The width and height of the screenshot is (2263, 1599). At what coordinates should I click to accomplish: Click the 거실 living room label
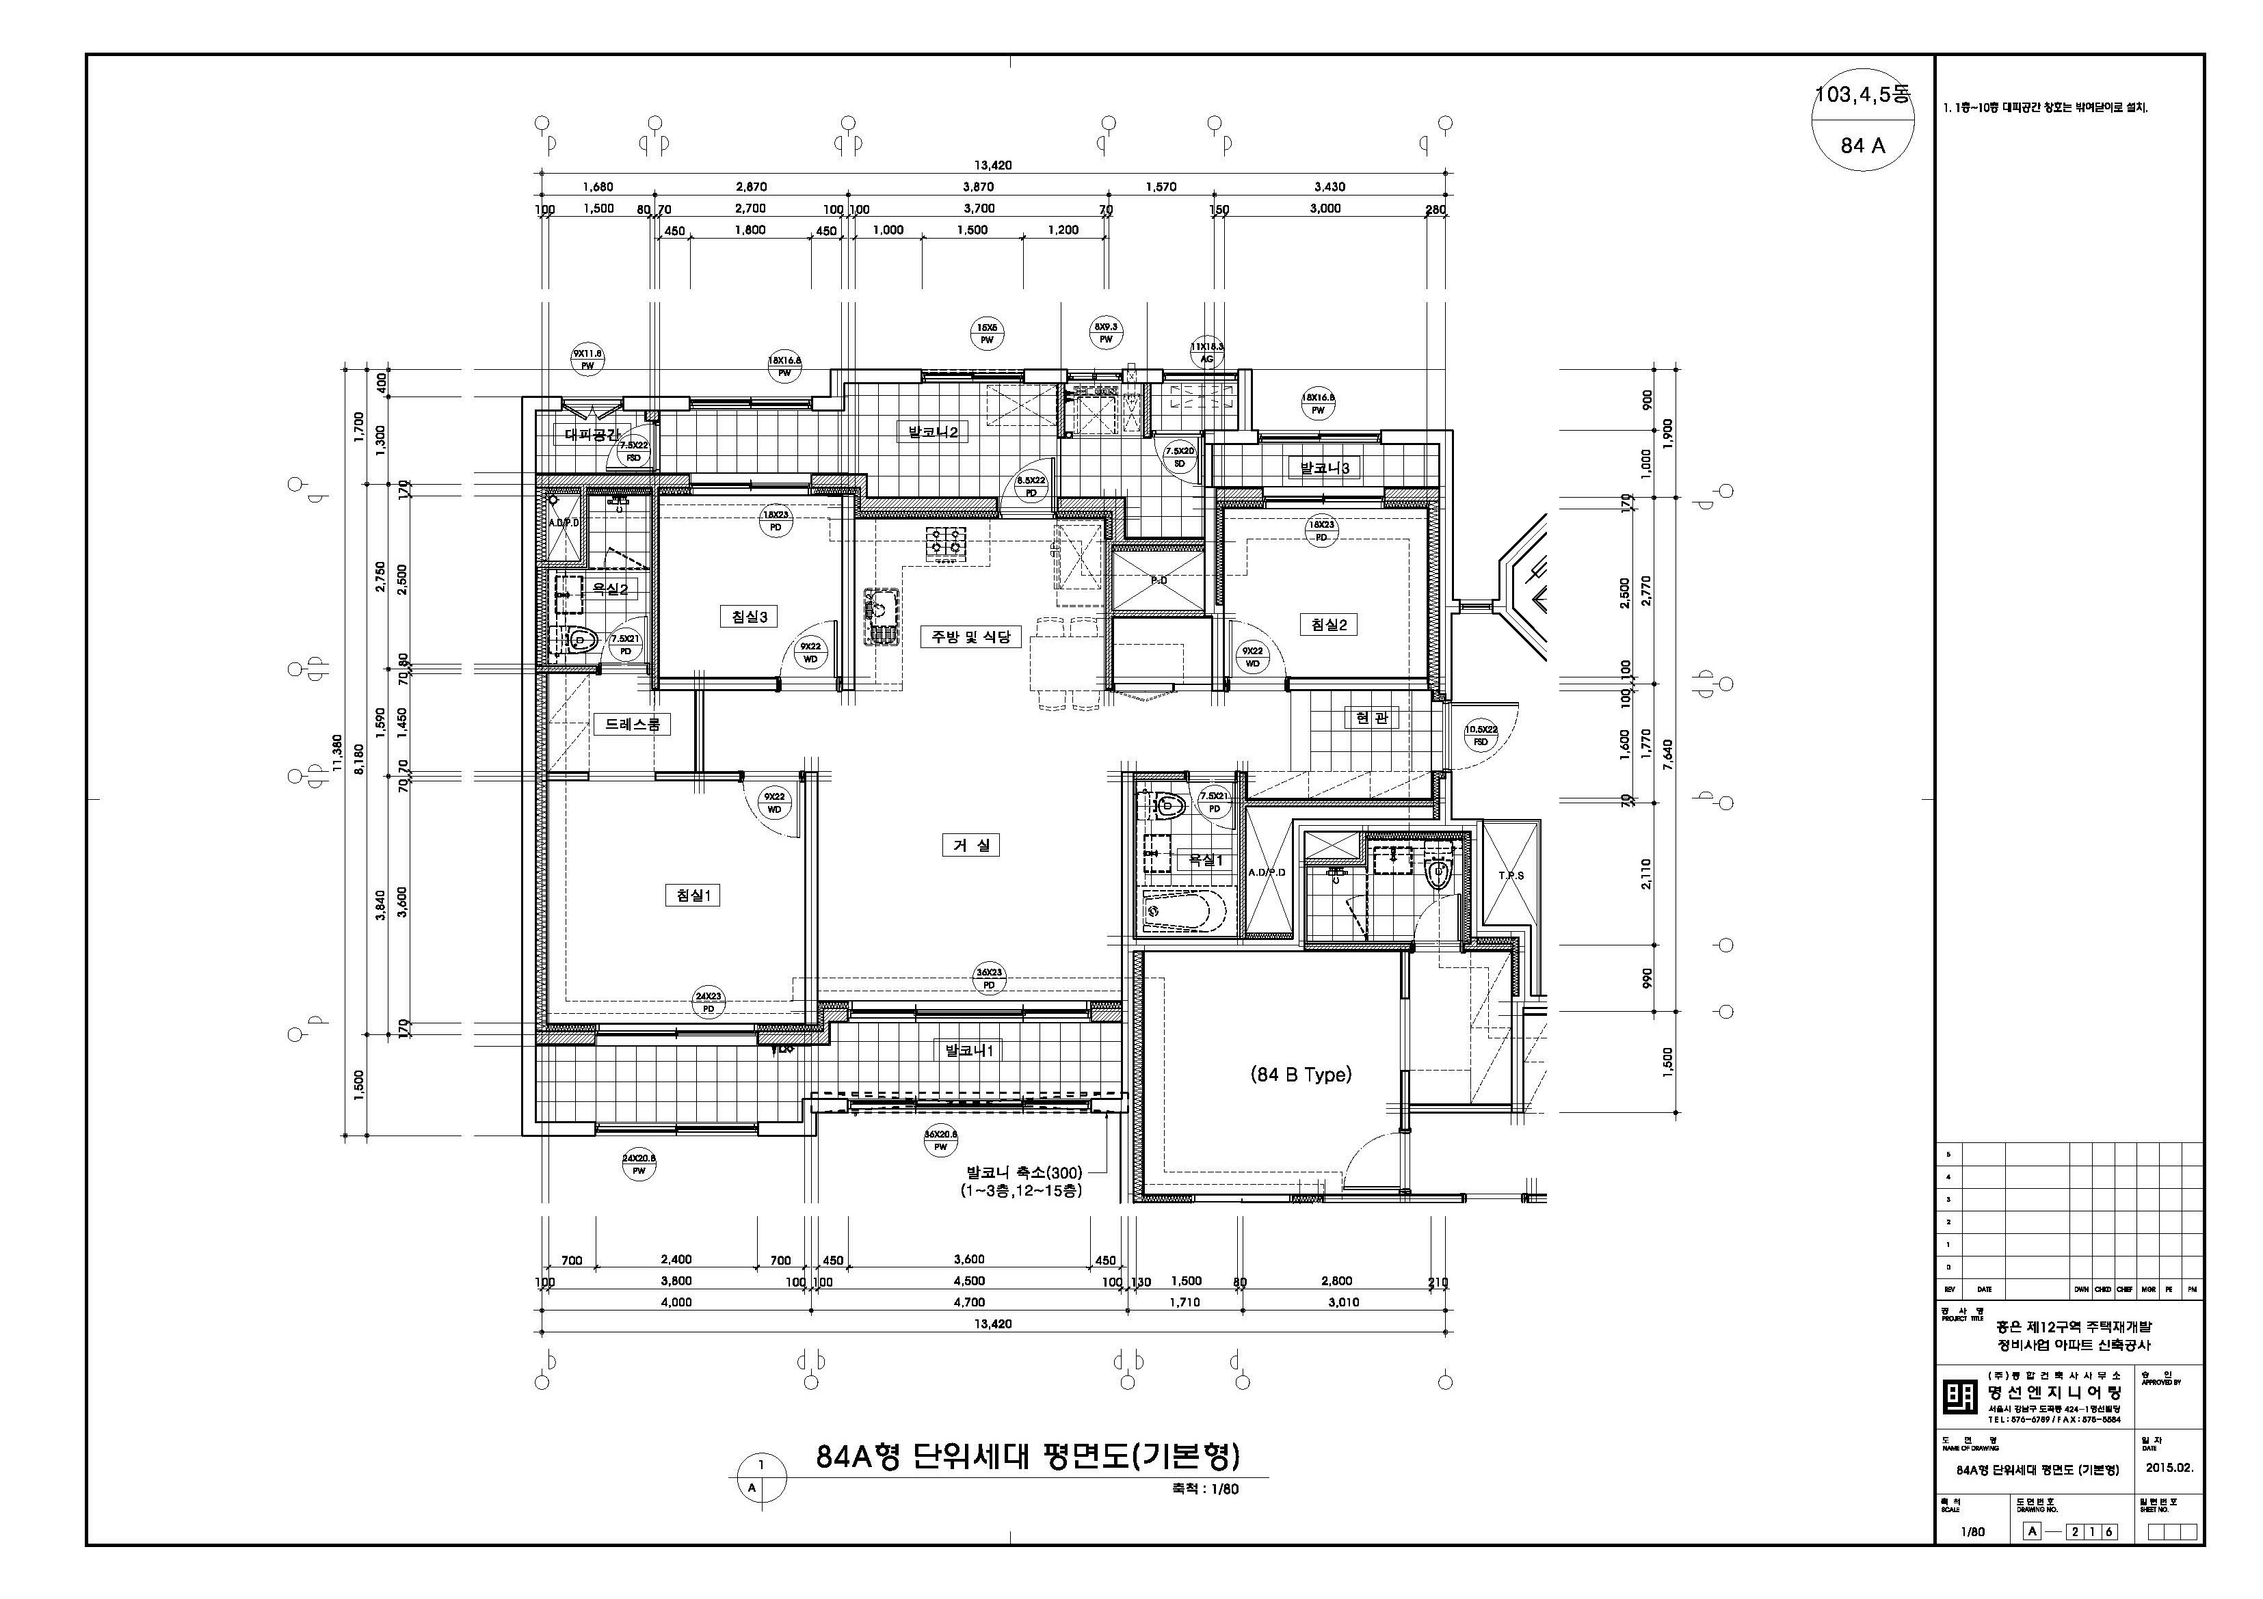coord(971,846)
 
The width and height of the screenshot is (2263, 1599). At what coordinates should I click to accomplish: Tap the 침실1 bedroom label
coord(693,896)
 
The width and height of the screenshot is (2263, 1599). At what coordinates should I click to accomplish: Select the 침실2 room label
coord(1329,625)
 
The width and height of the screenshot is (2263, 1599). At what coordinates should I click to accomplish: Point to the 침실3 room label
coord(749,617)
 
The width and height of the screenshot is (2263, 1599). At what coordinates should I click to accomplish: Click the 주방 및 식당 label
coord(971,636)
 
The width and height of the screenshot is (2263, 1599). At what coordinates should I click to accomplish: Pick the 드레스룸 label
coord(632,724)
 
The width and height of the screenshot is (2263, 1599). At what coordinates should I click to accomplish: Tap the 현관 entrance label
coord(1372,718)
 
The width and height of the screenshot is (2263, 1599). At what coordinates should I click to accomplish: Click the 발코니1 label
coord(970,1051)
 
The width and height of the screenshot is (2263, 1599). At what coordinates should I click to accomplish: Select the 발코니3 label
coord(1325,468)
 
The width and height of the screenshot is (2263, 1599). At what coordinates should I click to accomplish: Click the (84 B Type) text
coord(1301,1075)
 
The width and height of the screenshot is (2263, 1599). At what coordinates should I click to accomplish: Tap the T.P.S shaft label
coord(1511,875)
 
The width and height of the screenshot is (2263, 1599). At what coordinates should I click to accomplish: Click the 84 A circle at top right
coord(1862,146)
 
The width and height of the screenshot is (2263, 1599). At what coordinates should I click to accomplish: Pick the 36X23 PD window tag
coord(990,978)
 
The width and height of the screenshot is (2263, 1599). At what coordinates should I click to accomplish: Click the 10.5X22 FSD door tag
coord(1481,736)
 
